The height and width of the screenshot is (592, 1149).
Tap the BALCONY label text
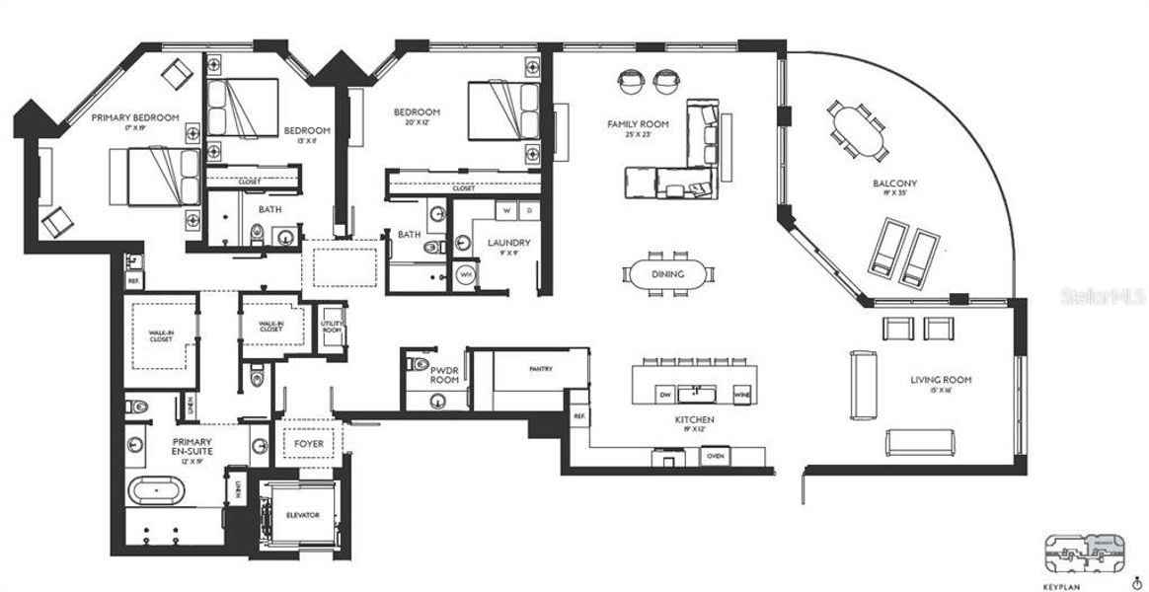pyautogui.click(x=894, y=184)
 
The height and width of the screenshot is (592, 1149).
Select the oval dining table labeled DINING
pyautogui.click(x=667, y=274)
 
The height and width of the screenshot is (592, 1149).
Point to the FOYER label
pyautogui.click(x=309, y=444)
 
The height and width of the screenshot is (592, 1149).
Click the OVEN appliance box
pyautogui.click(x=716, y=456)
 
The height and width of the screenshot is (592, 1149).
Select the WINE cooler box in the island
pyautogui.click(x=741, y=395)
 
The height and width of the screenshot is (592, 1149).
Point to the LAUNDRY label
pyautogui.click(x=508, y=243)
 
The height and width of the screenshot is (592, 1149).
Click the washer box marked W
pyautogui.click(x=506, y=210)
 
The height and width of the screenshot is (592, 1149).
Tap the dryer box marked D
pyautogui.click(x=528, y=210)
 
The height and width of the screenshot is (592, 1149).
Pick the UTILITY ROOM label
pyautogui.click(x=331, y=327)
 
